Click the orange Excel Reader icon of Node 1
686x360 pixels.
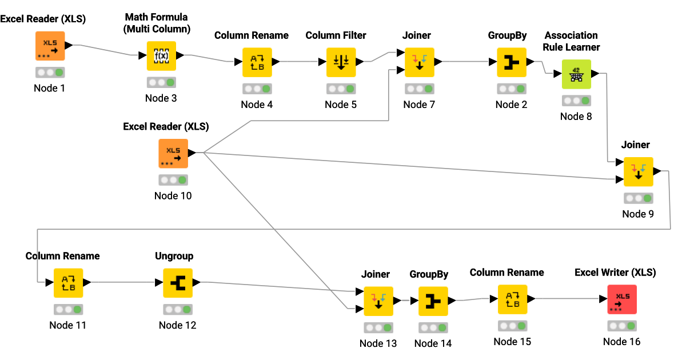pos(50,46)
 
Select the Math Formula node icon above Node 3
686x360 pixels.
pos(161,55)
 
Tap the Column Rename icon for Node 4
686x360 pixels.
pos(257,62)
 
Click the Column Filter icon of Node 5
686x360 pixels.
pos(341,62)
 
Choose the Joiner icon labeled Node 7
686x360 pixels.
pos(420,62)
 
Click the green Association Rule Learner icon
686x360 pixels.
pos(576,74)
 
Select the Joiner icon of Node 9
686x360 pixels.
pos(638,171)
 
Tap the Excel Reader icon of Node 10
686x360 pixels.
pos(173,153)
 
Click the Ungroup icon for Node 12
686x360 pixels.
pos(178,283)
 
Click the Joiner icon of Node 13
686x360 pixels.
pos(378,301)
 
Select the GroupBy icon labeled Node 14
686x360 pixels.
pos(433,301)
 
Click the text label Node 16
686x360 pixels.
pos(622,342)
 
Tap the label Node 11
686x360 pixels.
pos(68,325)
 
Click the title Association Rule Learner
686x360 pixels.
pos(572,41)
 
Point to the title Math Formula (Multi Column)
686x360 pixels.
pos(157,23)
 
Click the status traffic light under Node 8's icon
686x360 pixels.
pos(576,101)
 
